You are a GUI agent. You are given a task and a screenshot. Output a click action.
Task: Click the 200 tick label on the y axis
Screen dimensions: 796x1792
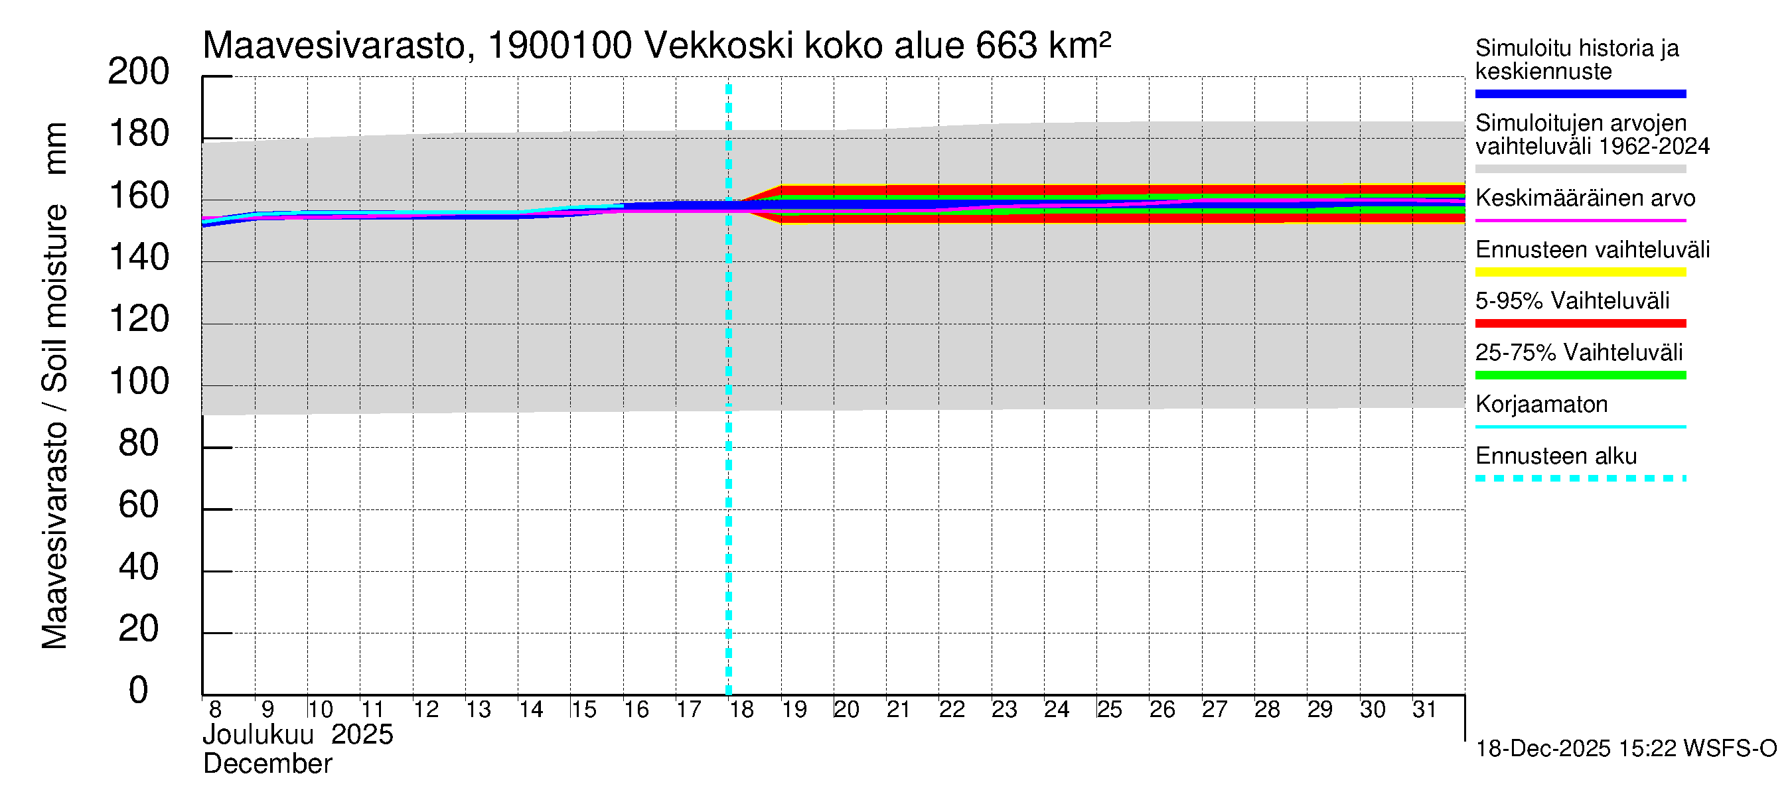(139, 72)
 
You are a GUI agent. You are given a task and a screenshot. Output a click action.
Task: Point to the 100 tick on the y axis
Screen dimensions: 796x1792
(139, 381)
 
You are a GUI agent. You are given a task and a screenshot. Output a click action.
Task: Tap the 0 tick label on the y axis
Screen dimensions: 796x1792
(139, 691)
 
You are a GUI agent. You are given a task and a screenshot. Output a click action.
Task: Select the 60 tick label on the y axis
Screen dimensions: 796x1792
(139, 505)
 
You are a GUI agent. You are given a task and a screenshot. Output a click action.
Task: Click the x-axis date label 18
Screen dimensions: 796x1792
(741, 709)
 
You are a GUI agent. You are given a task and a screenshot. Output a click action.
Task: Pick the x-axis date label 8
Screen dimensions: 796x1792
(215, 709)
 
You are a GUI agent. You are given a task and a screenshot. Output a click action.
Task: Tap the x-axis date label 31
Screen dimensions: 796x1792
(1424, 709)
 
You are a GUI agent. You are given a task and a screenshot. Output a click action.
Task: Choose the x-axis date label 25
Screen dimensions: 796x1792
(1109, 709)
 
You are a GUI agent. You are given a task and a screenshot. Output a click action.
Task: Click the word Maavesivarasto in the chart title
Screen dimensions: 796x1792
(334, 46)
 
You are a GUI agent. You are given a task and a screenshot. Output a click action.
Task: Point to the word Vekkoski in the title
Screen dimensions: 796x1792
(719, 46)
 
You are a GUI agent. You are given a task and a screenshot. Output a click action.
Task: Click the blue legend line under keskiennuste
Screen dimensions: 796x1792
(1580, 94)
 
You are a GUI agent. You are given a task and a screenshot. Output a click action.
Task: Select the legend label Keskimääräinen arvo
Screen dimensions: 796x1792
(1585, 198)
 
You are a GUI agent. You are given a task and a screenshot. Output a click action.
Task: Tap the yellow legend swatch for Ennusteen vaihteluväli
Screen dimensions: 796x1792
(1580, 272)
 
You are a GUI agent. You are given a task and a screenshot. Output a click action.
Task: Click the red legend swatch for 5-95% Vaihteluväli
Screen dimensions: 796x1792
(1580, 323)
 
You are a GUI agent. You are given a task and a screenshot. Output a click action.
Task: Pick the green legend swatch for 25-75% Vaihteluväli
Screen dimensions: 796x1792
(1580, 375)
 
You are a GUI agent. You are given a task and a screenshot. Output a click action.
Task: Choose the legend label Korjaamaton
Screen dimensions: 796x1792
(1541, 405)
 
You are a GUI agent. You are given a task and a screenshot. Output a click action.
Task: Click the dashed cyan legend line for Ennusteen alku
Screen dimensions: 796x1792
(1580, 478)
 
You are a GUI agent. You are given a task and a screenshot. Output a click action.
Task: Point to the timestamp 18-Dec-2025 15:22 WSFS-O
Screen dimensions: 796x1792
(1625, 749)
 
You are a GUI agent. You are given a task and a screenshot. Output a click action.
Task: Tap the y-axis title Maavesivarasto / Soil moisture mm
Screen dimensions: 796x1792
(54, 386)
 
